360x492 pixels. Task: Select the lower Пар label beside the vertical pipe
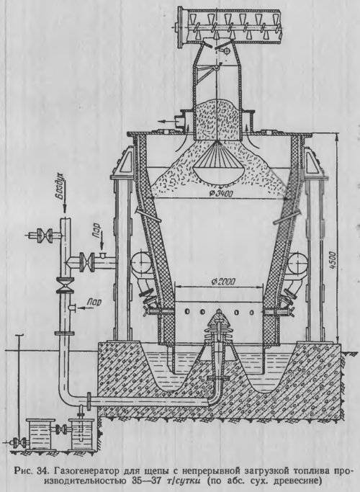coord(95,302)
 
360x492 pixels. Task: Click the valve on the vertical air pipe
coord(65,285)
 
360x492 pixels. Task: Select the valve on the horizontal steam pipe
coord(87,262)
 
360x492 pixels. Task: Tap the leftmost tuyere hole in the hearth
coord(187,311)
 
